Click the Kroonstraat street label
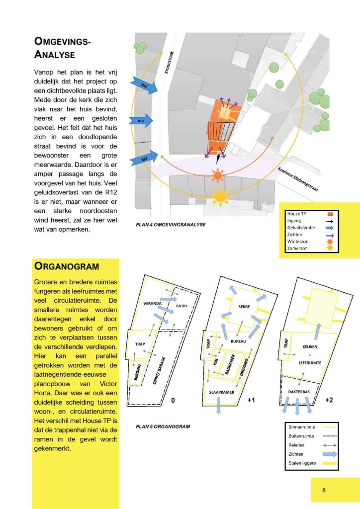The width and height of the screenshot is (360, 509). (170, 62)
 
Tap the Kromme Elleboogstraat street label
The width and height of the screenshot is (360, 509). (298, 179)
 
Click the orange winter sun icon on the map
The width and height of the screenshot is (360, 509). (217, 176)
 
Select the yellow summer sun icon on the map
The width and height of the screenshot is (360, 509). (220, 197)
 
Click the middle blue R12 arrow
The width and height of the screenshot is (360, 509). (141, 121)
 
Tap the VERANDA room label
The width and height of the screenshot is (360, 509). (152, 304)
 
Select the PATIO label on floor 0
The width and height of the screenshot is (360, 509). (182, 306)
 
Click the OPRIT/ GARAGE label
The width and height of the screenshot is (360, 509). (159, 370)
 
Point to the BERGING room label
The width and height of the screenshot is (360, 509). (138, 372)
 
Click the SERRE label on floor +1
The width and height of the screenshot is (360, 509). (244, 306)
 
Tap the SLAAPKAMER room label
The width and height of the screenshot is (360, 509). (222, 392)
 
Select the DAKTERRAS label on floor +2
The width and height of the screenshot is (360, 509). (299, 392)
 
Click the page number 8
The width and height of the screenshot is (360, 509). (324, 490)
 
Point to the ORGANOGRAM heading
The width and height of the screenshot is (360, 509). (67, 266)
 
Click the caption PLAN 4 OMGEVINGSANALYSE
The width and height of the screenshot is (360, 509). (171, 225)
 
